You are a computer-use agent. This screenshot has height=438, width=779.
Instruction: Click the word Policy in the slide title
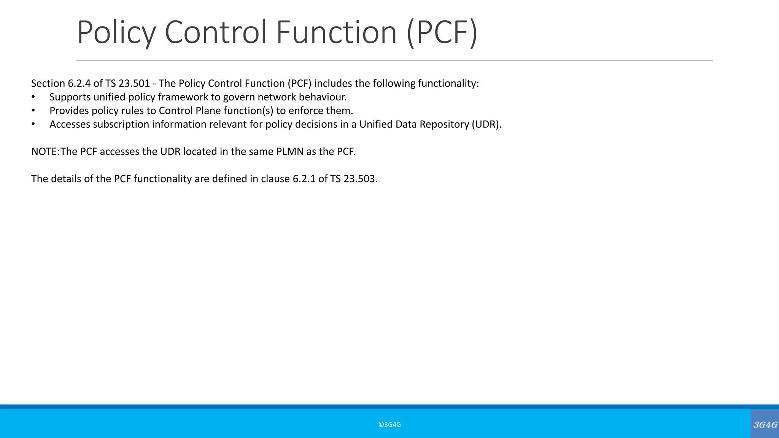click(x=116, y=33)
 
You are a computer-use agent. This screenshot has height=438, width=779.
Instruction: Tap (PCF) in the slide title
click(x=442, y=33)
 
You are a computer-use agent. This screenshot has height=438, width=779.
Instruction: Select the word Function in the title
click(x=336, y=33)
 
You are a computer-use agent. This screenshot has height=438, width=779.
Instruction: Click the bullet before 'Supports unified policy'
click(x=33, y=97)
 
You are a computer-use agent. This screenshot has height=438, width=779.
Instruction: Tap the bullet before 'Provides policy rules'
click(x=33, y=111)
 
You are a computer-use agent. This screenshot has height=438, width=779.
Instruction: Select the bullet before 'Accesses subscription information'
click(x=33, y=125)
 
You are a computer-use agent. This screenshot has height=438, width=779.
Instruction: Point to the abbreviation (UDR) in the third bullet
click(x=486, y=124)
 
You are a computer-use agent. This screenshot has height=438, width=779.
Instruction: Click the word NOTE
click(x=44, y=151)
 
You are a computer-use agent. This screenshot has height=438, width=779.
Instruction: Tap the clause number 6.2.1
click(x=304, y=179)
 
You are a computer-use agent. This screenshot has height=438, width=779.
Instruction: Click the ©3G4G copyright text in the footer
click(x=389, y=425)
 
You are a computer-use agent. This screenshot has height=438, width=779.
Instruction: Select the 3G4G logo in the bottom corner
click(x=765, y=424)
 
